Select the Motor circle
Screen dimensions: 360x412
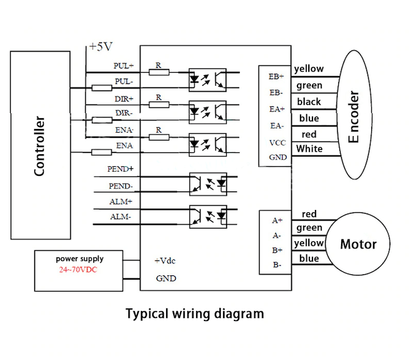click(x=358, y=244)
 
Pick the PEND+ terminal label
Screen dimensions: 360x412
click(x=121, y=170)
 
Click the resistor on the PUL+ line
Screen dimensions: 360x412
click(x=158, y=73)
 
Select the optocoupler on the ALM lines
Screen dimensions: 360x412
click(x=207, y=216)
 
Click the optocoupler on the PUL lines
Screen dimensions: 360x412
click(x=207, y=79)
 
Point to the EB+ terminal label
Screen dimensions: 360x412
click(x=276, y=76)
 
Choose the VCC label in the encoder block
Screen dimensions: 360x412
click(x=276, y=143)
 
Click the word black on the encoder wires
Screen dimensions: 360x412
click(x=308, y=102)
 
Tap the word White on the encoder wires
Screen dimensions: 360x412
click(x=309, y=149)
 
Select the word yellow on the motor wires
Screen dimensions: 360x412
click(x=309, y=243)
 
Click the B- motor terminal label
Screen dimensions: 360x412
click(x=276, y=264)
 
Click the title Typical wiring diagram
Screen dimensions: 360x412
click(x=194, y=313)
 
